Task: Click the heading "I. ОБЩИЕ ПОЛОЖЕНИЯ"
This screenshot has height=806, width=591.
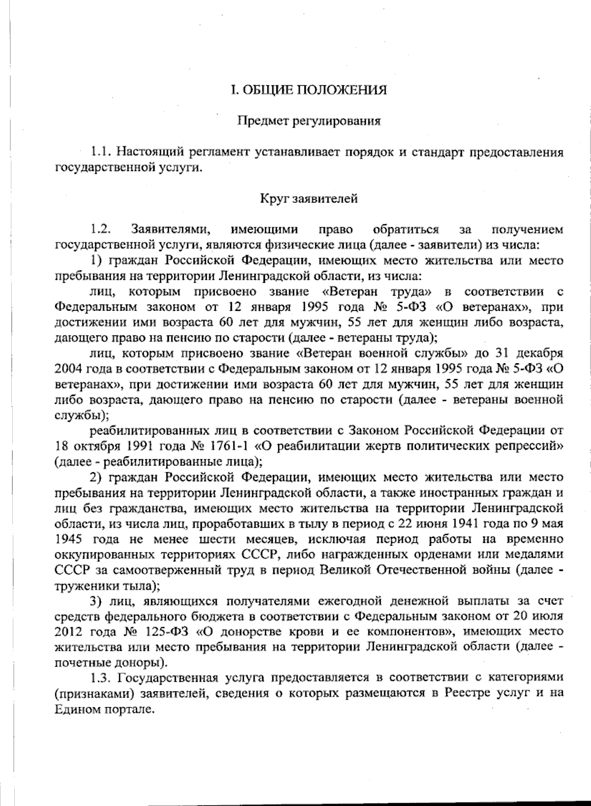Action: (309, 90)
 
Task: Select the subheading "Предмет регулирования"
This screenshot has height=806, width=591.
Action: (309, 121)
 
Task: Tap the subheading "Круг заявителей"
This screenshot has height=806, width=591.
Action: (309, 199)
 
